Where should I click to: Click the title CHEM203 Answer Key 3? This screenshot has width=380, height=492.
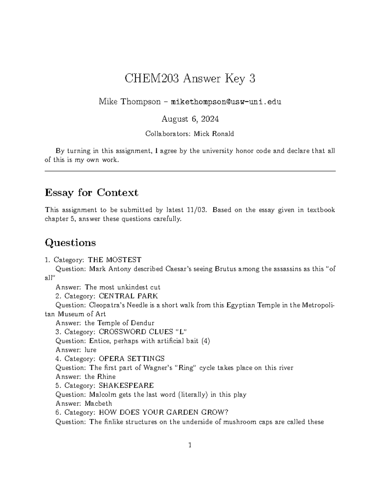tap(190, 79)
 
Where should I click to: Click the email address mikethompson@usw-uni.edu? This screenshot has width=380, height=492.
tap(226, 102)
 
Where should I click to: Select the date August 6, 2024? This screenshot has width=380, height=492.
tap(190, 119)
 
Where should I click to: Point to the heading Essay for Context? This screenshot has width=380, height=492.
tap(92, 192)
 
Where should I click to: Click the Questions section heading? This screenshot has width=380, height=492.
tap(70, 243)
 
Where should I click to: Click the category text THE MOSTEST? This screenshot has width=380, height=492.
tap(114, 260)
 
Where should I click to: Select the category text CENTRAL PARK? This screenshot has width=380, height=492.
tap(128, 296)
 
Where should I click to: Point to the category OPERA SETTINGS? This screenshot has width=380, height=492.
tap(131, 359)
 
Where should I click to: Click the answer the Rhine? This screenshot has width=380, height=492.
tap(100, 377)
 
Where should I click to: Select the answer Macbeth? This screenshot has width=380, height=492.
tap(98, 404)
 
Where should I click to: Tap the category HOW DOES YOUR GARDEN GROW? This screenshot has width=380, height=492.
tap(163, 412)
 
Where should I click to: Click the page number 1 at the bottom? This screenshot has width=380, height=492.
tap(190, 445)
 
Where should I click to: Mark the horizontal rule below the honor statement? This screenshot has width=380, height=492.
tap(190, 171)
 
